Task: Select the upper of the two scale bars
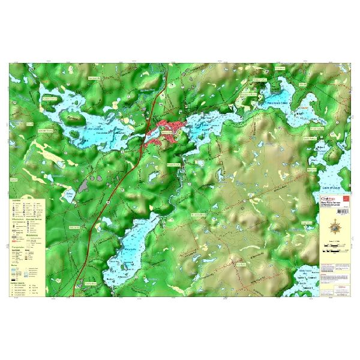click(334, 249)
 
